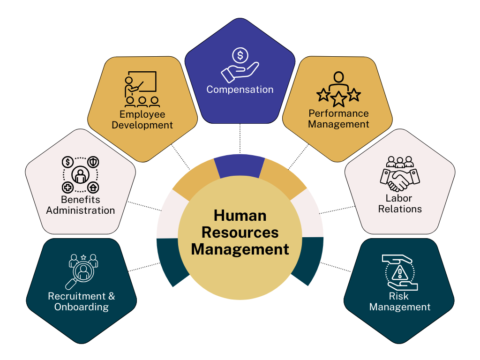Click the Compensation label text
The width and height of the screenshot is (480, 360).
240,89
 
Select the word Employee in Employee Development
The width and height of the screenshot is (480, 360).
142,114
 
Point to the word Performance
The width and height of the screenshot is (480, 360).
338,113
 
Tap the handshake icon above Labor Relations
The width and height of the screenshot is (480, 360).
400,174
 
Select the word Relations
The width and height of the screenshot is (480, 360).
400,209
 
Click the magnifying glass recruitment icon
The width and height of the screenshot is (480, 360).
82,271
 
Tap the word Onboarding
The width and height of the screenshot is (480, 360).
82,307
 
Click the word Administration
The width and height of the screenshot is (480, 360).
80,210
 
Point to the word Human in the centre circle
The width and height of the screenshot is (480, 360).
240,216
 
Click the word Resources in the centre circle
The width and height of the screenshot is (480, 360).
240,232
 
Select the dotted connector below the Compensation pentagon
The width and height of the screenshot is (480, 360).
240,139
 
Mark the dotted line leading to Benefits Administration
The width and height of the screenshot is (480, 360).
144,206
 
